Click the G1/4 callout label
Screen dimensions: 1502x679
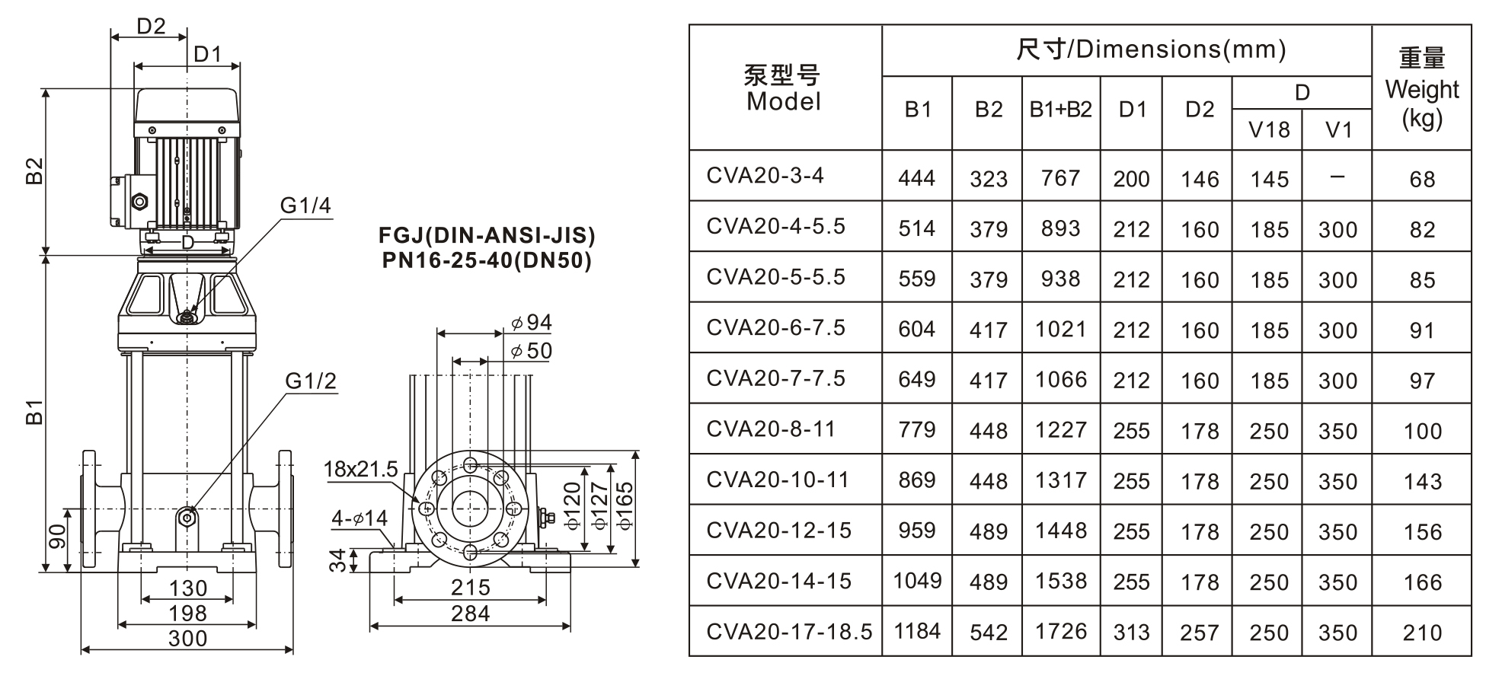pyautogui.click(x=305, y=206)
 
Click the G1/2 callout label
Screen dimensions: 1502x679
pyautogui.click(x=311, y=381)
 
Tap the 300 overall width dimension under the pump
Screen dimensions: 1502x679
pyautogui.click(x=187, y=638)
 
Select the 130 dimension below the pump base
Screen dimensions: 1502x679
pyautogui.click(x=187, y=588)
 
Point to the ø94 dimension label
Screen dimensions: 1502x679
pyautogui.click(x=532, y=323)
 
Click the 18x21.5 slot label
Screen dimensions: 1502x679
pyautogui.click(x=360, y=469)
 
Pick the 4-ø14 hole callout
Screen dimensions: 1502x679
pyautogui.click(x=360, y=518)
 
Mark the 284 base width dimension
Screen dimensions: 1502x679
pyautogui.click(x=471, y=613)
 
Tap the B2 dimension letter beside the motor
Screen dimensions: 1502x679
pyautogui.click(x=34, y=171)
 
